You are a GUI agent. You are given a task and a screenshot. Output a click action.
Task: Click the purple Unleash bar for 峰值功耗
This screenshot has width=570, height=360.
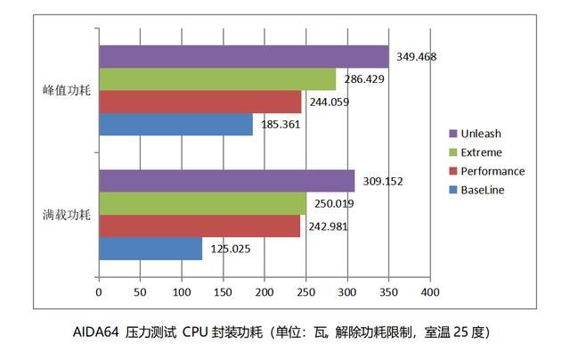tap(243, 57)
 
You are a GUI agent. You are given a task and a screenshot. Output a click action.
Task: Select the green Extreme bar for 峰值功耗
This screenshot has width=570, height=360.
tap(217, 79)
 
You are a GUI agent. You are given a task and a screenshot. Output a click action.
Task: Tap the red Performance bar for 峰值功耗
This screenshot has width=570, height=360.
tap(199, 102)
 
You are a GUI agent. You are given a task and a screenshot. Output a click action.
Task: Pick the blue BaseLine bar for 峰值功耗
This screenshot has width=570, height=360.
tap(175, 125)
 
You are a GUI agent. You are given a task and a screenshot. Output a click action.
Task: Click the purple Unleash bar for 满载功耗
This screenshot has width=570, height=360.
tap(226, 181)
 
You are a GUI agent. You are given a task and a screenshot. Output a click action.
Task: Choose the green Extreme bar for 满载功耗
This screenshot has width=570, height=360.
tap(202, 203)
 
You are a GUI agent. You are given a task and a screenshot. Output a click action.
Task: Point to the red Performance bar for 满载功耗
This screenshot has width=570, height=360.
tap(199, 225)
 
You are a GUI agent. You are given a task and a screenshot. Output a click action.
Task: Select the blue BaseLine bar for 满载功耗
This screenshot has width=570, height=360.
tap(151, 249)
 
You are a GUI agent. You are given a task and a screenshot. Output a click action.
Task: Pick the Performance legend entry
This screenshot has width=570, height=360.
tap(493, 171)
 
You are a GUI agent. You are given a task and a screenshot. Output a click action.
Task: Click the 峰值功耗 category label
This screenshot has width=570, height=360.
tap(66, 91)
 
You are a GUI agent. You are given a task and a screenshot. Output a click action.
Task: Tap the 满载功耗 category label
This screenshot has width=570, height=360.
tap(66, 215)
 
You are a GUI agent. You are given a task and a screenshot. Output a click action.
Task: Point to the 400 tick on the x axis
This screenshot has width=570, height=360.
tap(430, 291)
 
